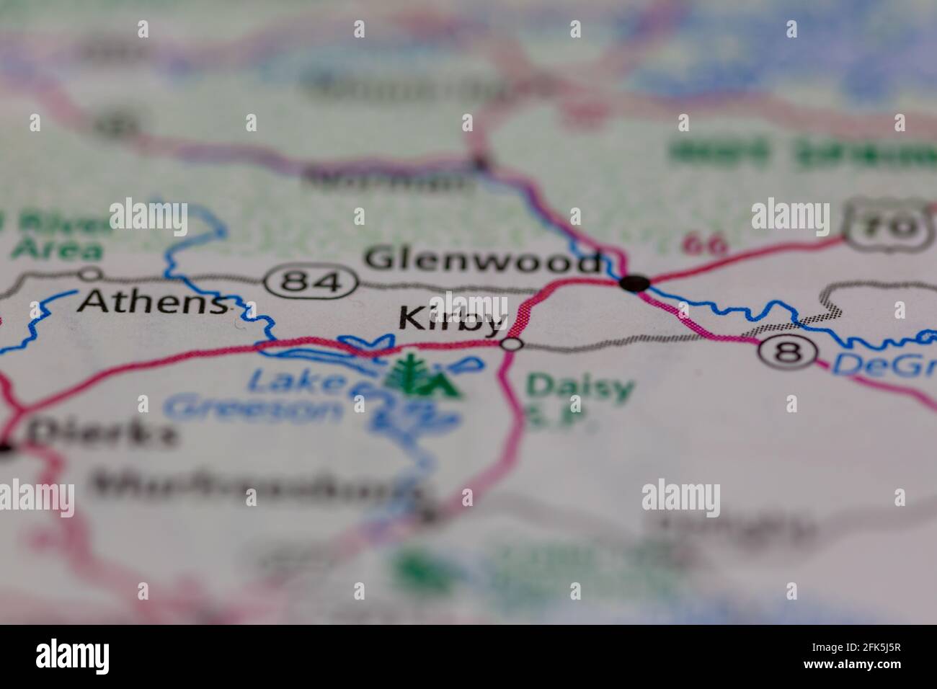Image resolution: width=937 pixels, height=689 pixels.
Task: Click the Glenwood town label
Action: [481, 260]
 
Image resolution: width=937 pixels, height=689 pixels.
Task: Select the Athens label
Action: [151, 303]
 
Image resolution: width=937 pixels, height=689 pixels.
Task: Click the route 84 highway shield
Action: [312, 280]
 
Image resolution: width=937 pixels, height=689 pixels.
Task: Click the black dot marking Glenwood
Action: [634, 283]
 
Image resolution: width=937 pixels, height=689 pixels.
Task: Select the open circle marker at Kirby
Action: [511, 344]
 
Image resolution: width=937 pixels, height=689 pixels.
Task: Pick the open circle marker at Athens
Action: [91, 274]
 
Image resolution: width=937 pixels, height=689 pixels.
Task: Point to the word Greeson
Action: [252, 409]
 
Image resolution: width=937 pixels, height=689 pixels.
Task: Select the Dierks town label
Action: [101, 434]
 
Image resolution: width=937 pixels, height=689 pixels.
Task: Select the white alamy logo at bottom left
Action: [72, 657]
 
